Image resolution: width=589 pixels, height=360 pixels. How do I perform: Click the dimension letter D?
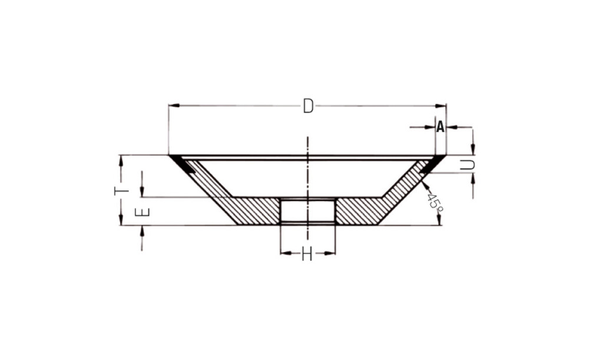(x=308, y=106)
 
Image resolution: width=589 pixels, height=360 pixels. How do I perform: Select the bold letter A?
(x=440, y=127)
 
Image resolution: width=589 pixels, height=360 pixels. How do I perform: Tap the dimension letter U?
(x=467, y=164)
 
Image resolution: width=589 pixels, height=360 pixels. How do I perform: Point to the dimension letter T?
(x=121, y=191)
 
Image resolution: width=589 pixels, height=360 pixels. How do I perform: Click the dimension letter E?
(x=143, y=212)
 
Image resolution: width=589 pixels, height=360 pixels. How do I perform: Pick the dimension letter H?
(x=307, y=255)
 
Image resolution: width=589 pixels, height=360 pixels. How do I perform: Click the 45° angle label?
(x=434, y=202)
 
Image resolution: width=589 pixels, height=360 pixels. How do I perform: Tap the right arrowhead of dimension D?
(x=441, y=106)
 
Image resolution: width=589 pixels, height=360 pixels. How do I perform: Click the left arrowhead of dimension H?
(x=286, y=253)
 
